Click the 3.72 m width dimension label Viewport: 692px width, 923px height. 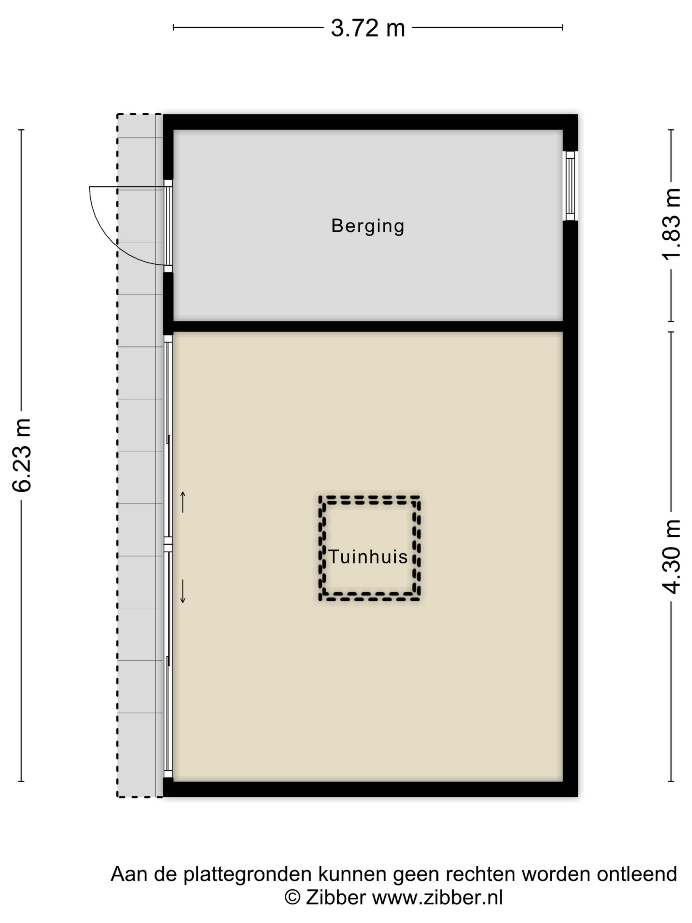pyautogui.click(x=367, y=28)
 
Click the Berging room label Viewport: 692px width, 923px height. pyautogui.click(x=367, y=226)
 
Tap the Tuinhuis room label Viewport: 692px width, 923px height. pyautogui.click(x=368, y=557)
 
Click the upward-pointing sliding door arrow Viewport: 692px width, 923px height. pyautogui.click(x=182, y=502)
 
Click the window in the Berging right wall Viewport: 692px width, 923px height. pyautogui.click(x=570, y=186)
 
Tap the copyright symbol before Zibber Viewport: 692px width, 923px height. pyautogui.click(x=292, y=897)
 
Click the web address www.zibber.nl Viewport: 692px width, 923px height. pyautogui.click(x=437, y=897)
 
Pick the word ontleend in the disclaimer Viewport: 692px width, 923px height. pyautogui.click(x=637, y=874)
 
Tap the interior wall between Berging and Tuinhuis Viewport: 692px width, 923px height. pyautogui.click(x=367, y=326)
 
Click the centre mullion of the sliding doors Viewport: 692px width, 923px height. pyautogui.click(x=168, y=544)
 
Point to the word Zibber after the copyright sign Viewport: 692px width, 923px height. pyautogui.click(x=336, y=897)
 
